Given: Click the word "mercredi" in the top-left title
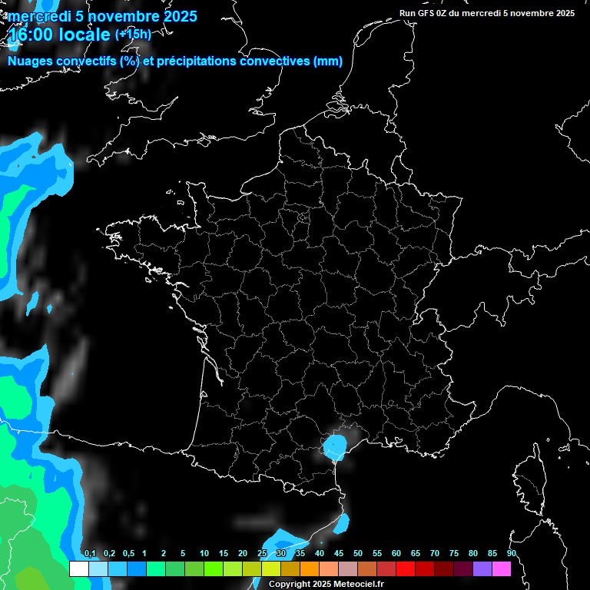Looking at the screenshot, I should [x=38, y=16].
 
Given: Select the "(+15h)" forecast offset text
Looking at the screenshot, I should [x=133, y=34].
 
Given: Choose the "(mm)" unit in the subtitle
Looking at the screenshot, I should [x=328, y=61].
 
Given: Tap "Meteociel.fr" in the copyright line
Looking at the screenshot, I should [x=359, y=584].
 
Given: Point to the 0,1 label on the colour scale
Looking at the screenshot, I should [x=89, y=554].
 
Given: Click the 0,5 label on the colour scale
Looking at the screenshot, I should [x=128, y=554].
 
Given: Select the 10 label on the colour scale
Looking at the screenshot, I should [x=204, y=554].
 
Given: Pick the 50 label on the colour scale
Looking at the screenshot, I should [x=358, y=554].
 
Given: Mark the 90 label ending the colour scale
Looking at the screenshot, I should [x=512, y=554].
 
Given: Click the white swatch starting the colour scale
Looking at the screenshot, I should [x=78, y=568].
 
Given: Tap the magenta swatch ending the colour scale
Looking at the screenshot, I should [x=501, y=568].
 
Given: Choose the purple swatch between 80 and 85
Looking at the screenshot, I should [x=482, y=568].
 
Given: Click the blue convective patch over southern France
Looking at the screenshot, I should [x=334, y=446].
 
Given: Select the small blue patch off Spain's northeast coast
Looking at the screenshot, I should [x=342, y=523].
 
